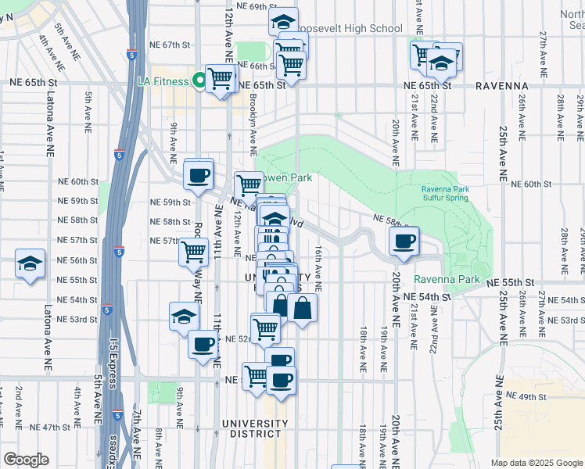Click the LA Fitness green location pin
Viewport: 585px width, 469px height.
click(199, 80)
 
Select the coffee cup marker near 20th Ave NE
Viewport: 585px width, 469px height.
click(404, 242)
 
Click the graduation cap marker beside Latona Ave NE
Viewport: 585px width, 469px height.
click(30, 263)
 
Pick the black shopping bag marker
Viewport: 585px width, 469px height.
click(302, 308)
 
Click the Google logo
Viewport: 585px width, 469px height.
click(26, 460)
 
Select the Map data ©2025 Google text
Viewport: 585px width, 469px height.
click(536, 463)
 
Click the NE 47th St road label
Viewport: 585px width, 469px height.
click(52, 428)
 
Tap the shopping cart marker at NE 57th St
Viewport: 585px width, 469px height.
click(193, 252)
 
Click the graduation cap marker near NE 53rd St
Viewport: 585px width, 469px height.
click(184, 316)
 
